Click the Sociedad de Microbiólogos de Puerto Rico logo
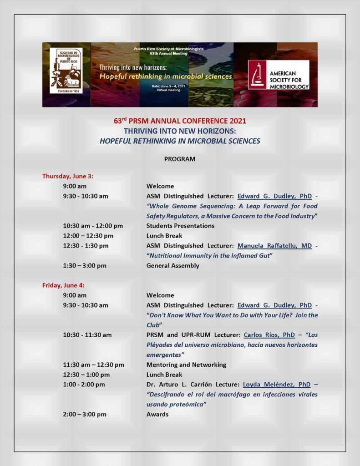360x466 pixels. click(x=66, y=71)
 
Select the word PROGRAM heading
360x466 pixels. click(x=180, y=159)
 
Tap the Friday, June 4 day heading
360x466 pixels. click(x=63, y=285)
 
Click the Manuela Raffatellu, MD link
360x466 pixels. click(x=274, y=246)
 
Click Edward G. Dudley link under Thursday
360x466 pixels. click(x=274, y=196)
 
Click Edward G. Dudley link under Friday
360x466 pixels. click(x=274, y=305)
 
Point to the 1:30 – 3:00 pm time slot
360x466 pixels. click(x=85, y=266)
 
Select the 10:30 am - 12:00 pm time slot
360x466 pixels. click(x=93, y=226)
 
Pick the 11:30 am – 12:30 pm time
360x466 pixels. click(x=93, y=365)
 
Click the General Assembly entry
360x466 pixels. click(x=172, y=266)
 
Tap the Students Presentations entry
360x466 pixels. click(x=180, y=226)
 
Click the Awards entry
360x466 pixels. click(x=157, y=414)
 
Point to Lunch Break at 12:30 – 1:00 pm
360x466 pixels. click(x=164, y=375)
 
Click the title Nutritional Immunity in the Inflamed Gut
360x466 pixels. click(x=209, y=256)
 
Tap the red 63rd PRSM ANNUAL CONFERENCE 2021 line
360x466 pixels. click(x=180, y=121)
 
